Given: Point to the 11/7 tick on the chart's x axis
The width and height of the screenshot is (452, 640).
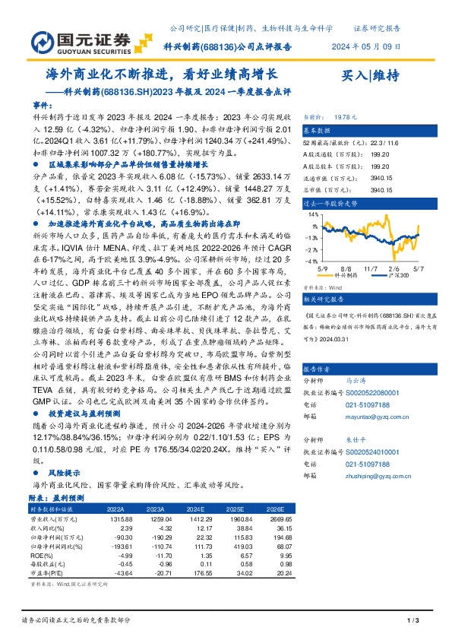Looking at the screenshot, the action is [x=371, y=268].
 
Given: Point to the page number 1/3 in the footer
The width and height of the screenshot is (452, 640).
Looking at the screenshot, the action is [x=413, y=622].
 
